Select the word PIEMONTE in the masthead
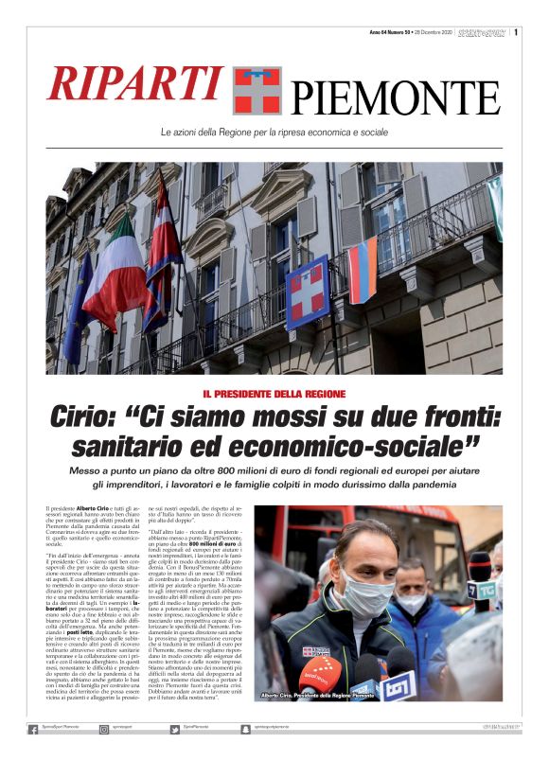point(395,97)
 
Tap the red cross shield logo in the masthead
point(257,90)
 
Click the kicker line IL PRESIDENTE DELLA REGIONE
point(274,393)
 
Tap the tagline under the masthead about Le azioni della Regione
point(274,132)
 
